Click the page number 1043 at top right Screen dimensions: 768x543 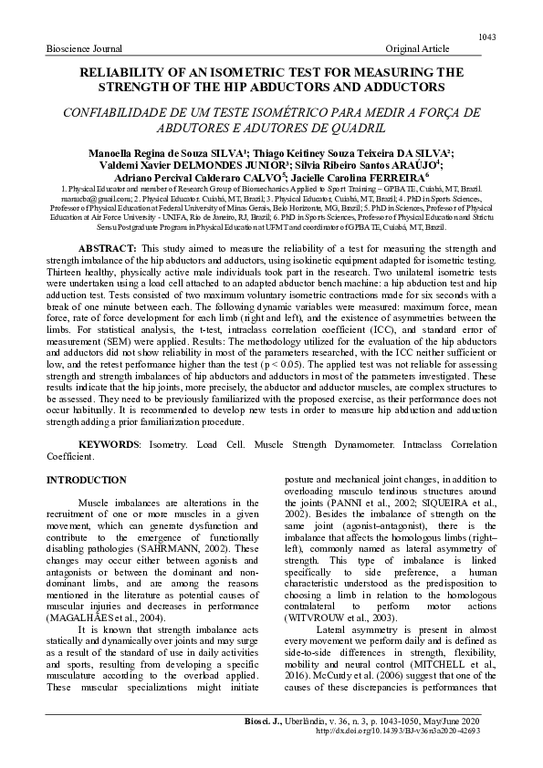pyautogui.click(x=486, y=36)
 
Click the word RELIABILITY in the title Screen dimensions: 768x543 pyautogui.click(x=139, y=70)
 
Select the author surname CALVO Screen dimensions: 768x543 pyautogui.click(x=261, y=174)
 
